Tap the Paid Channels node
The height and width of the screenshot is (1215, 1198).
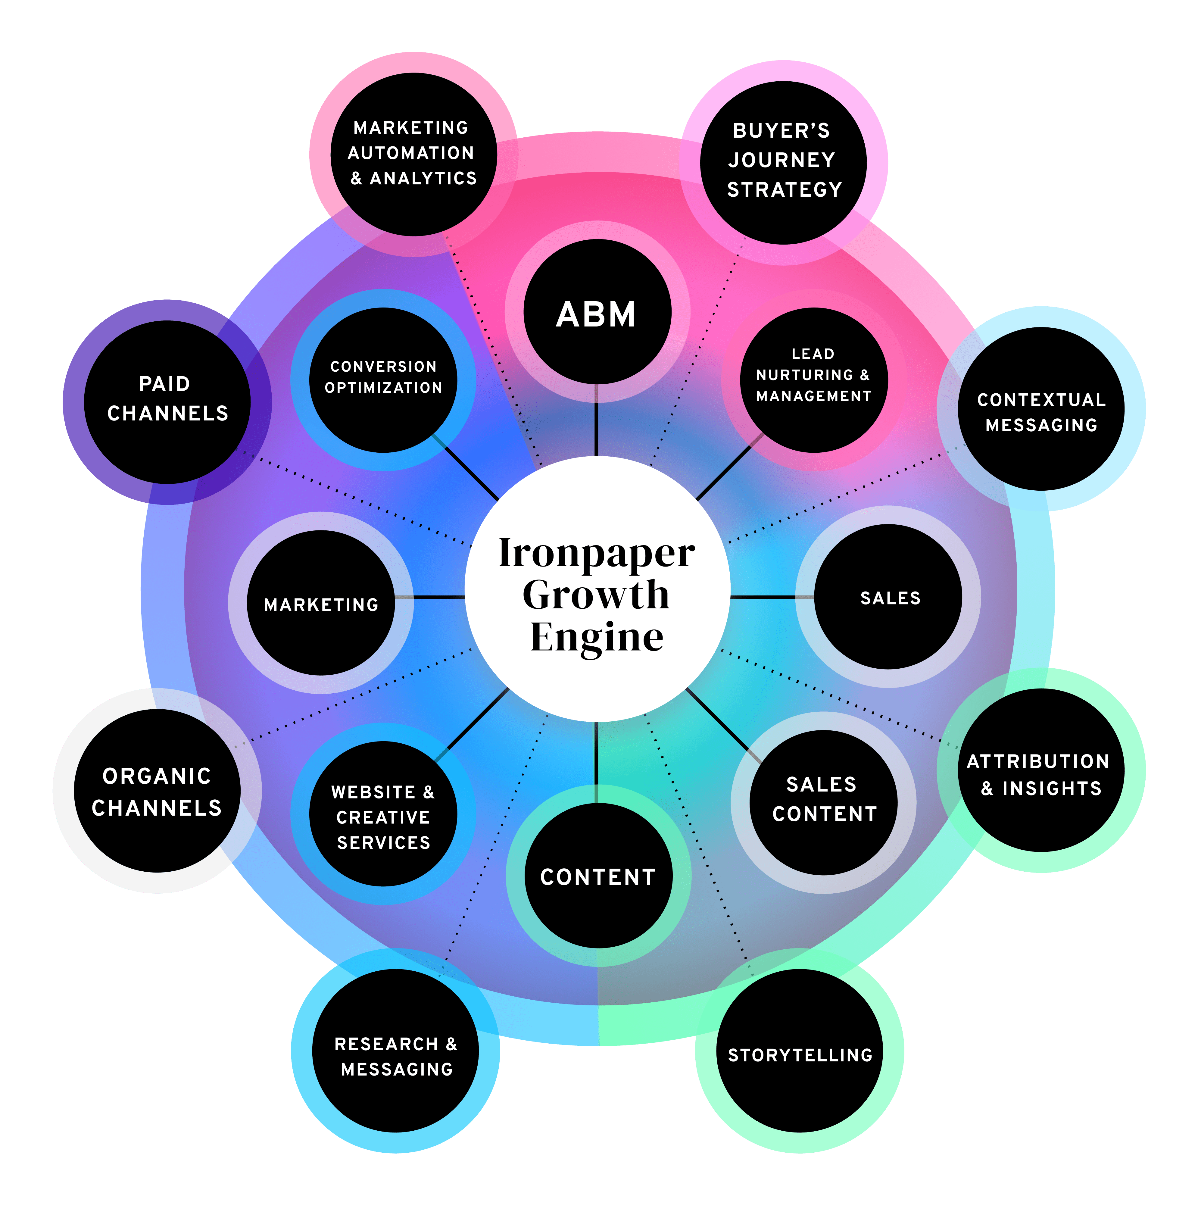click(x=167, y=402)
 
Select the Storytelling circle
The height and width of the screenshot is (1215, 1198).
click(x=799, y=1050)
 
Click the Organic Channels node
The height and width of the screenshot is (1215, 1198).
click(x=157, y=791)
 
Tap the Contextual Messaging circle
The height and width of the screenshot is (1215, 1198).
click(x=1041, y=409)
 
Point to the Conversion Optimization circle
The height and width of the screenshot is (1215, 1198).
click(x=383, y=380)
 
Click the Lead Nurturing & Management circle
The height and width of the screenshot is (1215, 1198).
click(x=814, y=380)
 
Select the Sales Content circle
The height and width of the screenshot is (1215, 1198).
click(x=823, y=802)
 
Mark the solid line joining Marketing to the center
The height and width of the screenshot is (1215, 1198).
click(x=429, y=597)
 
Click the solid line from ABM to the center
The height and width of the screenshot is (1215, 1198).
click(x=596, y=420)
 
